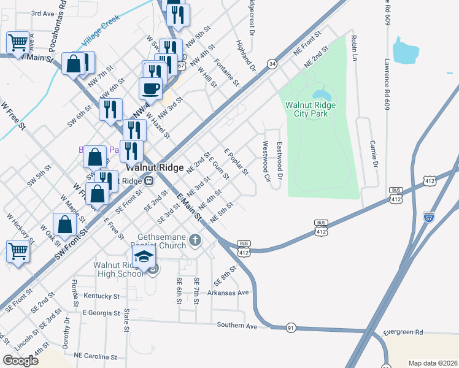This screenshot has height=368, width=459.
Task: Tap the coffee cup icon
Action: [150, 89]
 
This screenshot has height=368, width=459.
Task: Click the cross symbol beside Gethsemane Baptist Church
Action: [195, 239]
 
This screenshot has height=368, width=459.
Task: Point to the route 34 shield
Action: [272, 63]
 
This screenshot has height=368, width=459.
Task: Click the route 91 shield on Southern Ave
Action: [291, 328]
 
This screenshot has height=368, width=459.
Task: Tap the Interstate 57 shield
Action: [428, 217]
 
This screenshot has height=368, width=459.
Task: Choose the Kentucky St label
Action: [101, 296]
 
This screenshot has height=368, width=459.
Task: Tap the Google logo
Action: [20, 361]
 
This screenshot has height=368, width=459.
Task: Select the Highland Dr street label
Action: [245, 55]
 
